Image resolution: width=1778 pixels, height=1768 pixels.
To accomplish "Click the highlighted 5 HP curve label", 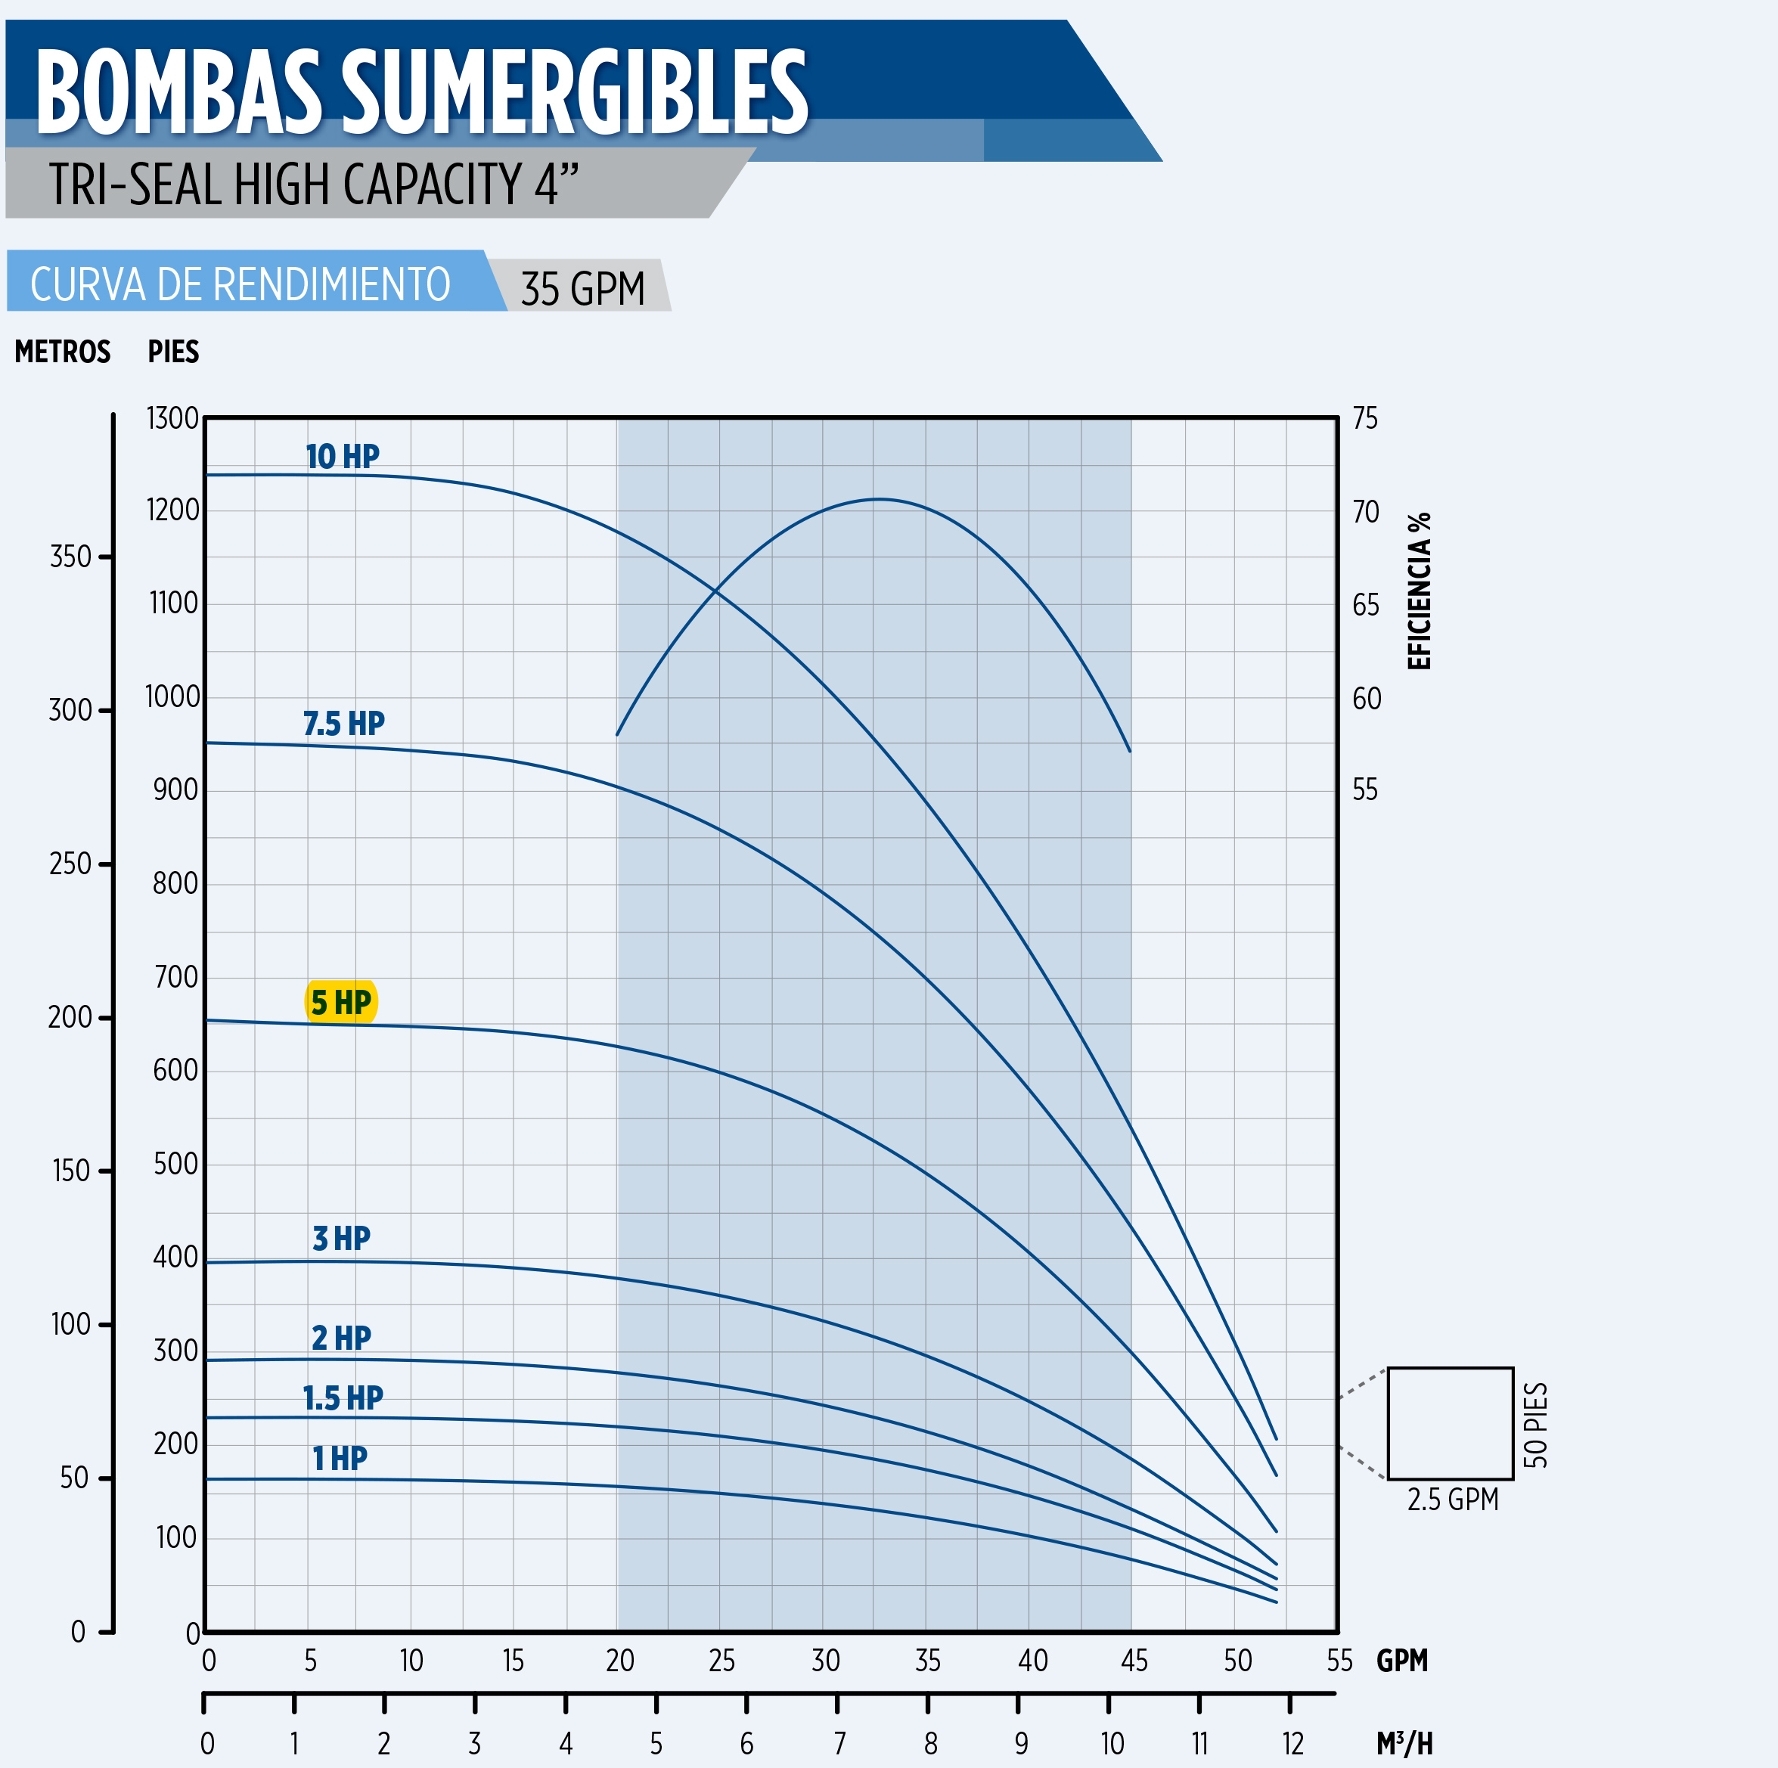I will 340,1002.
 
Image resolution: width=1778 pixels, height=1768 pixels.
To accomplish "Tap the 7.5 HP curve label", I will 343,724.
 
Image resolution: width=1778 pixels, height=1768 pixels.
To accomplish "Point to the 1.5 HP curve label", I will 343,1398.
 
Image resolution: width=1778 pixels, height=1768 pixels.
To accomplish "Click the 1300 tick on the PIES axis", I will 173,418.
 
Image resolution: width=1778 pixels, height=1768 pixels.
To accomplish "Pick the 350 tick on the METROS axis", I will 71,557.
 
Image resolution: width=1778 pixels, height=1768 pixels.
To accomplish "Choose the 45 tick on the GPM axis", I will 1134,1661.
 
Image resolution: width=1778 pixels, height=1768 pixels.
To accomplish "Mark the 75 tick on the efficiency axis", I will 1365,419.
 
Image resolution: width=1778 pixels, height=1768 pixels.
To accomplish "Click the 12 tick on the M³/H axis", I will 1293,1743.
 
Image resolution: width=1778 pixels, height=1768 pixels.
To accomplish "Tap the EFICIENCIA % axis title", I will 1419,591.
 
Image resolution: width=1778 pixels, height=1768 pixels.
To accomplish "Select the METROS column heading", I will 63,352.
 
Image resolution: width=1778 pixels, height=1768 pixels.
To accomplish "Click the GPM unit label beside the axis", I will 1401,1661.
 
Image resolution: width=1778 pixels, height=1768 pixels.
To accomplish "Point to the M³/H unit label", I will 1404,1743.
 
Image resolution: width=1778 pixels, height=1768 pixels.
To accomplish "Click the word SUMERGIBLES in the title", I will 576,92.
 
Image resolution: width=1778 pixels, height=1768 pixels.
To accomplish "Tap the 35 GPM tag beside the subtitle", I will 582,288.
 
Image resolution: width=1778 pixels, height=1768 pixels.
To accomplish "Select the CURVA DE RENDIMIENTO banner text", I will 240,284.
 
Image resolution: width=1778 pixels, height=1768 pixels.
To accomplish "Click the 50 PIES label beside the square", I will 1536,1425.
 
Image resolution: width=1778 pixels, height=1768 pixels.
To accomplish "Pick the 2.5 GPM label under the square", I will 1452,1500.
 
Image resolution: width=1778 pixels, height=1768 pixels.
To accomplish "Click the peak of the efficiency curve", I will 879,499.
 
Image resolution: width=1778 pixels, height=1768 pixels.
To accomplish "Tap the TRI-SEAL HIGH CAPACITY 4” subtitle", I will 314,183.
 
